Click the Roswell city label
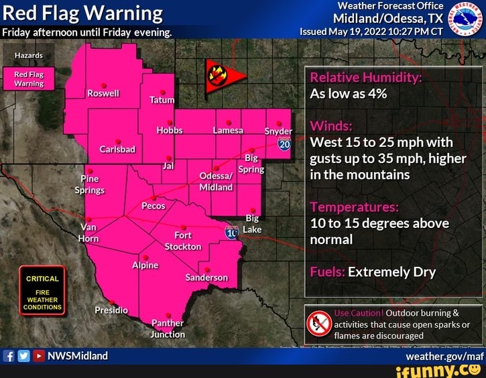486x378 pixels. tap(103, 93)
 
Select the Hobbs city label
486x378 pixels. tap(170, 130)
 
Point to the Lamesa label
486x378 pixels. tap(228, 130)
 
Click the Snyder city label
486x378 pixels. tap(278, 131)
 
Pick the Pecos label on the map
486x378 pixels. tap(154, 206)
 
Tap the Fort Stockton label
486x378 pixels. tap(183, 241)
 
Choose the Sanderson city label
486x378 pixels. tap(206, 277)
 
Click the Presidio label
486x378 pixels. tap(111, 310)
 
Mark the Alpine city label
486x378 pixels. tap(145, 265)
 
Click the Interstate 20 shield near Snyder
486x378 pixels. tap(284, 143)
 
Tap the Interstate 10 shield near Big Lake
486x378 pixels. tap(232, 233)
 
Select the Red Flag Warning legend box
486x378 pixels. tap(29, 78)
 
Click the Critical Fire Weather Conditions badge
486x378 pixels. tap(42, 293)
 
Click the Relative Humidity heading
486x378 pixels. tap(365, 77)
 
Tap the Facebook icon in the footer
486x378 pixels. tap(9, 356)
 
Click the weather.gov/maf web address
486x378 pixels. tap(453, 356)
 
